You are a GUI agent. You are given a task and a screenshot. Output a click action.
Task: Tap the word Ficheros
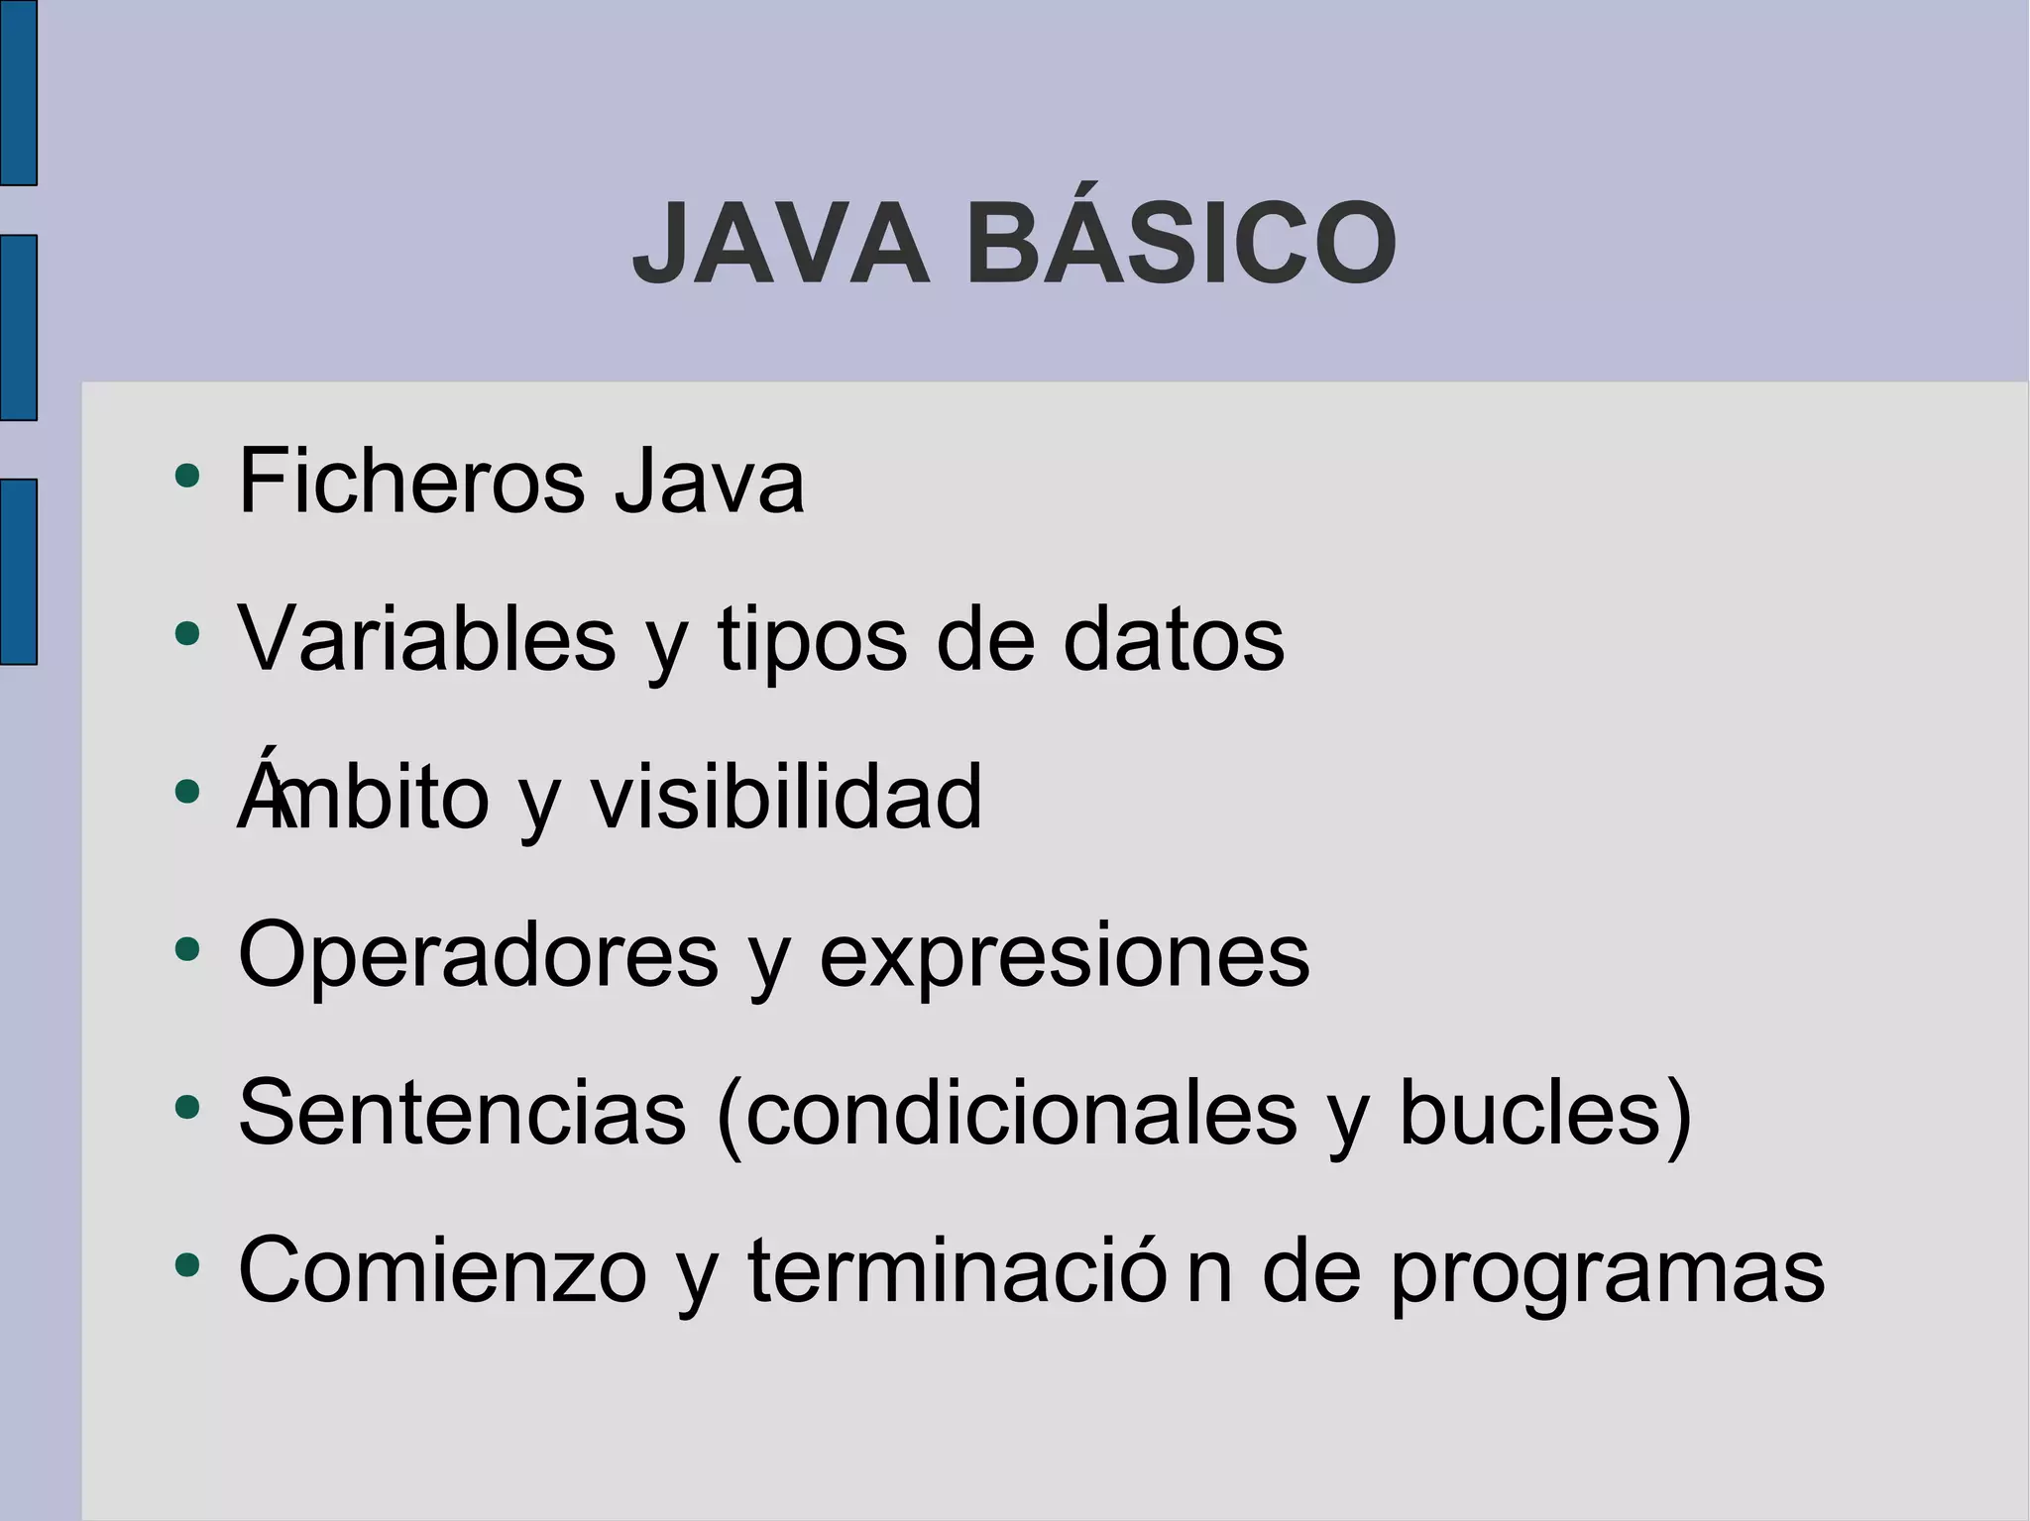411,482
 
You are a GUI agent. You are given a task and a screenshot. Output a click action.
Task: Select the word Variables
427,639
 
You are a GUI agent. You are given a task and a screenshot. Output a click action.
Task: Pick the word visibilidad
786,797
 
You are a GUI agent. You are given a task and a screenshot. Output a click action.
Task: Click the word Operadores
478,954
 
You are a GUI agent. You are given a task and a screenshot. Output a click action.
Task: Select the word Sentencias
462,1112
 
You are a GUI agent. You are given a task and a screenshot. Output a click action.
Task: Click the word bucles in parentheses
1531,1112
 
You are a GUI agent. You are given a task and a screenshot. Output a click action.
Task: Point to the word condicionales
1021,1112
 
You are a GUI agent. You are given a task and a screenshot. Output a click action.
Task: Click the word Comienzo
442,1270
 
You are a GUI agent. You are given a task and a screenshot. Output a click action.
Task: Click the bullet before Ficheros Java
186,477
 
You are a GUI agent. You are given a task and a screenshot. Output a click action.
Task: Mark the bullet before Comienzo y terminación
186,1265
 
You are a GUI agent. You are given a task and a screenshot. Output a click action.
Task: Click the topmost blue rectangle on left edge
18,92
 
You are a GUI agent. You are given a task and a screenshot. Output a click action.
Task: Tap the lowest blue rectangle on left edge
18,572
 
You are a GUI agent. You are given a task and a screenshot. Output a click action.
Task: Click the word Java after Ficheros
709,482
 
